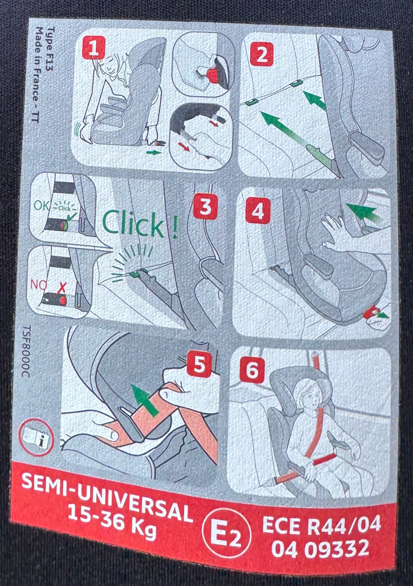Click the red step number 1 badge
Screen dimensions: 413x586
[94, 48]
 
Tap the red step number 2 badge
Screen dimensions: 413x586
[262, 54]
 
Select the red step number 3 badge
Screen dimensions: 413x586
[206, 207]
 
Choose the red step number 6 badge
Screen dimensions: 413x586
[252, 370]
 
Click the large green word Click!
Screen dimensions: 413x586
[140, 224]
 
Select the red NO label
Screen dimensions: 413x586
[38, 285]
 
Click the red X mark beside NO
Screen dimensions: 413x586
[62, 288]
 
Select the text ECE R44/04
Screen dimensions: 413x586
[321, 518]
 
